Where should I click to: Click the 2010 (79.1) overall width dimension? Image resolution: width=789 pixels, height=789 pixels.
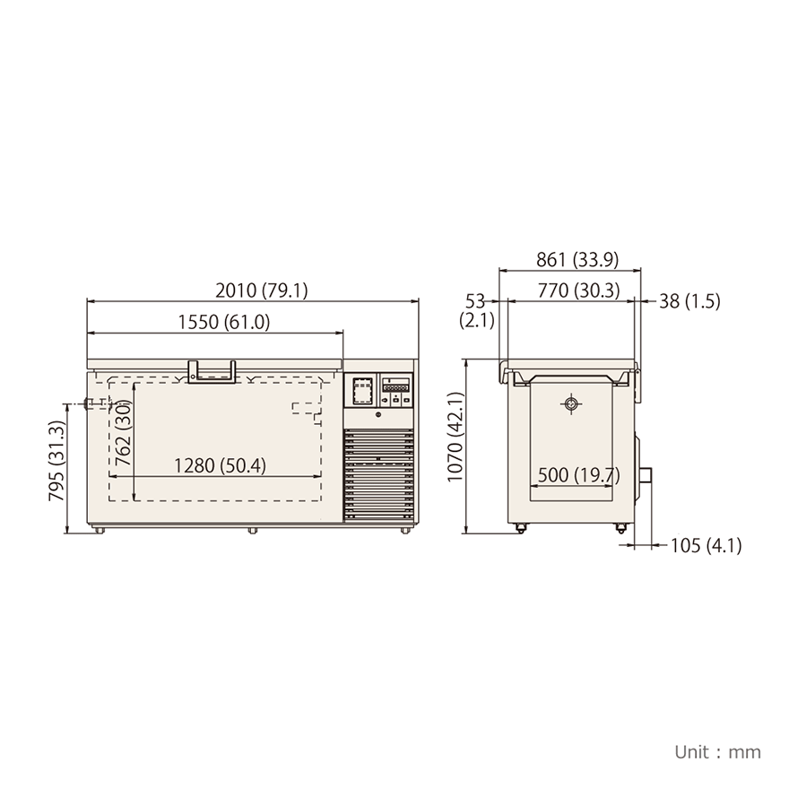point(262,290)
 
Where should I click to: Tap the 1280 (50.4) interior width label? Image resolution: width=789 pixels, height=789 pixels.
point(219,465)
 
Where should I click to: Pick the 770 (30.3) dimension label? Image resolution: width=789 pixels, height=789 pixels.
point(577,290)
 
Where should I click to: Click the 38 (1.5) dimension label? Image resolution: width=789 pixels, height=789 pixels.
point(689,301)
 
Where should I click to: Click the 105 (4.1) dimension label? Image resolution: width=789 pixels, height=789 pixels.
point(707,545)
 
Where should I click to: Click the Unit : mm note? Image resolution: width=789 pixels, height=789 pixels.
point(717,751)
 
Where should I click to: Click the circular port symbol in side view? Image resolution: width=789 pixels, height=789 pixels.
point(570,404)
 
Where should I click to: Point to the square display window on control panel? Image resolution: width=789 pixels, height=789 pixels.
point(362,390)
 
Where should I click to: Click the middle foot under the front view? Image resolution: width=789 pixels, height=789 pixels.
point(253,530)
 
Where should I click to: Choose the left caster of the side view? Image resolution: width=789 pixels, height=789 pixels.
point(518,528)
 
